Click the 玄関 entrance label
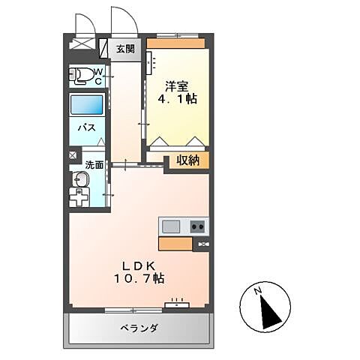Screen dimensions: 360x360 point(125,49)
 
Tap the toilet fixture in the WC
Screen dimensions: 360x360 point(79,74)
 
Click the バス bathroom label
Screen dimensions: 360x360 point(86,127)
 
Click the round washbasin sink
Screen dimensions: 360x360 point(81,180)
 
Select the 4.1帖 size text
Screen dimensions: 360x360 point(176,98)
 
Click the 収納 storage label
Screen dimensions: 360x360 point(187,159)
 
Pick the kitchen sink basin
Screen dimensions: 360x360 point(169,226)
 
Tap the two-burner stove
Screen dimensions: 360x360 point(198,226)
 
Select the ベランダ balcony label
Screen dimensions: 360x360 point(139,328)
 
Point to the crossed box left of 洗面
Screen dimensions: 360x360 point(72,156)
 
